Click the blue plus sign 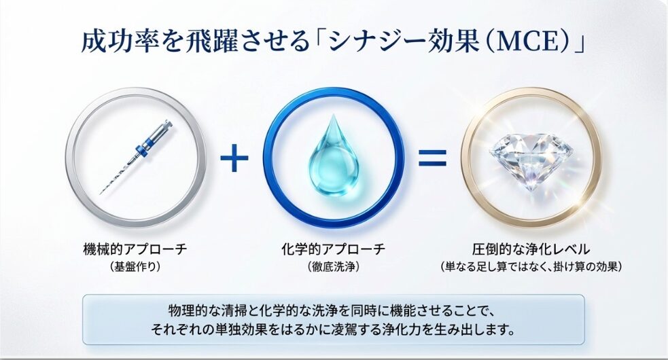tap(234, 158)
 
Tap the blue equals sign tap(432, 158)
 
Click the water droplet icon tap(334, 155)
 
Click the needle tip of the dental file tap(101, 193)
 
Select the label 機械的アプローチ tap(135, 249)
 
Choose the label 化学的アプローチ tap(334, 249)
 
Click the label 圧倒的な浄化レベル tap(531, 249)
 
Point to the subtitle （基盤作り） tap(135, 267)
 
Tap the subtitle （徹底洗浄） tap(334, 267)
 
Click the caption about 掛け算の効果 tap(531, 267)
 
